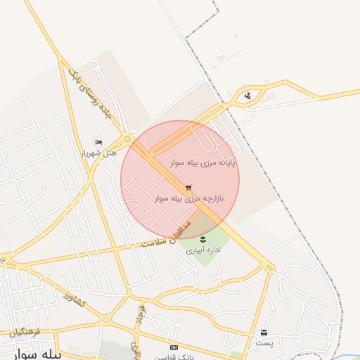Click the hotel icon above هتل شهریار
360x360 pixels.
pyautogui.click(x=98, y=142)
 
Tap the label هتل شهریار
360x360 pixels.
pyautogui.click(x=98, y=153)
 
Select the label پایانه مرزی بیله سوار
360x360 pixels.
pyautogui.click(x=202, y=163)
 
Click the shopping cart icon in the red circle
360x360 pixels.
pyautogui.click(x=188, y=188)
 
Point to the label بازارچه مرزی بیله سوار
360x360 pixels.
pyautogui.click(x=188, y=199)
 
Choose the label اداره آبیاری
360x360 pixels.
pyautogui.click(x=204, y=250)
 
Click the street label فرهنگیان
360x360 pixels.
pyautogui.click(x=27, y=330)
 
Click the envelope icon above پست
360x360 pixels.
pyautogui.click(x=264, y=332)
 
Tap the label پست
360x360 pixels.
pyautogui.click(x=264, y=342)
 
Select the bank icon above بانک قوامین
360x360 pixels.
pyautogui.click(x=174, y=348)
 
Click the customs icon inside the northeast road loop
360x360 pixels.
pyautogui.click(x=247, y=96)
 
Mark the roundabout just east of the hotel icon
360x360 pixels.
pyautogui.click(x=127, y=139)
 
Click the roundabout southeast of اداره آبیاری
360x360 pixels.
pyautogui.click(x=269, y=267)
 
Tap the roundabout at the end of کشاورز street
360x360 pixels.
pyautogui.click(x=105, y=321)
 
